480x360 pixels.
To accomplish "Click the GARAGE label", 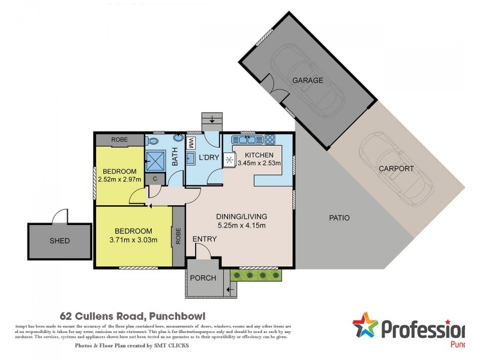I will pyautogui.click(x=307, y=80).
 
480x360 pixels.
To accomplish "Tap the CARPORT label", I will pyautogui.click(x=396, y=169).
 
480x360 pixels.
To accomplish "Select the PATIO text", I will pyautogui.click(x=339, y=218).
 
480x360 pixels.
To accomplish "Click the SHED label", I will pyautogui.click(x=59, y=241).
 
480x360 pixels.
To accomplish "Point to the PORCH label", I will pyautogui.click(x=203, y=278).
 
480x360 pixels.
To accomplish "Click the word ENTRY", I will pyautogui.click(x=204, y=239).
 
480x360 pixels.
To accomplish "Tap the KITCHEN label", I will pyautogui.click(x=259, y=155).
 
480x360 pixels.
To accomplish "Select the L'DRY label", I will pyautogui.click(x=208, y=157).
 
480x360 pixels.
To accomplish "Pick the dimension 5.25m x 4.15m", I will pyautogui.click(x=242, y=226).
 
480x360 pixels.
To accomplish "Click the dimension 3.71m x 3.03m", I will pyautogui.click(x=134, y=240).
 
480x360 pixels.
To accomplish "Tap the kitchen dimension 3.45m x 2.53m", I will pyautogui.click(x=259, y=163).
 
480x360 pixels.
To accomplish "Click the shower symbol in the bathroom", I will pyautogui.click(x=155, y=160).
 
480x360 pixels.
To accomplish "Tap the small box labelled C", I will pyautogui.click(x=155, y=178).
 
